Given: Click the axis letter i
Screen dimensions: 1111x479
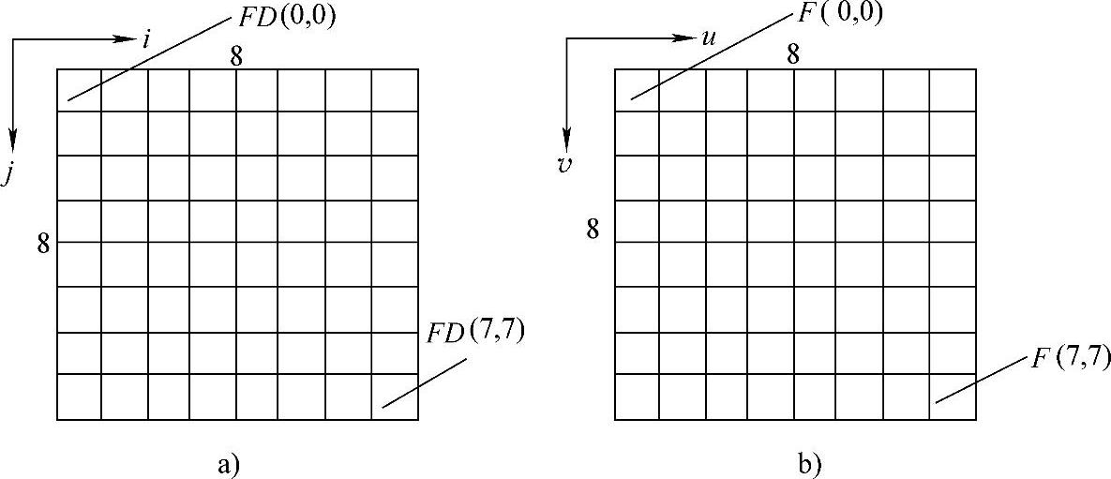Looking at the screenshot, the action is pos(146,40).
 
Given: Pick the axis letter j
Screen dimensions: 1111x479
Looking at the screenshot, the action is pos(7,175).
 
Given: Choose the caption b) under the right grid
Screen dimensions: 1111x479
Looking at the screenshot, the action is pos(808,462).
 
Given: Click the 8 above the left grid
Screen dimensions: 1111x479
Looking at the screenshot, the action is pos(237,55).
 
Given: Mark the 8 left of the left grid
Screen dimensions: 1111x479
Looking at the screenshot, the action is pos(42,246).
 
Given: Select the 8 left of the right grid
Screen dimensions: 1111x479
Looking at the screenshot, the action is pos(593,228).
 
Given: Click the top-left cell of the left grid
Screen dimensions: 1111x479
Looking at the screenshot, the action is pos(79,90).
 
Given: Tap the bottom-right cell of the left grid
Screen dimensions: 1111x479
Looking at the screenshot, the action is pos(395,397).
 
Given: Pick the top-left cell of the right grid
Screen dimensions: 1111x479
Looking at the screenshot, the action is pos(637,90).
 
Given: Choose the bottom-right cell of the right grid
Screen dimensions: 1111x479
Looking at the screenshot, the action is pos(953,397).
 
